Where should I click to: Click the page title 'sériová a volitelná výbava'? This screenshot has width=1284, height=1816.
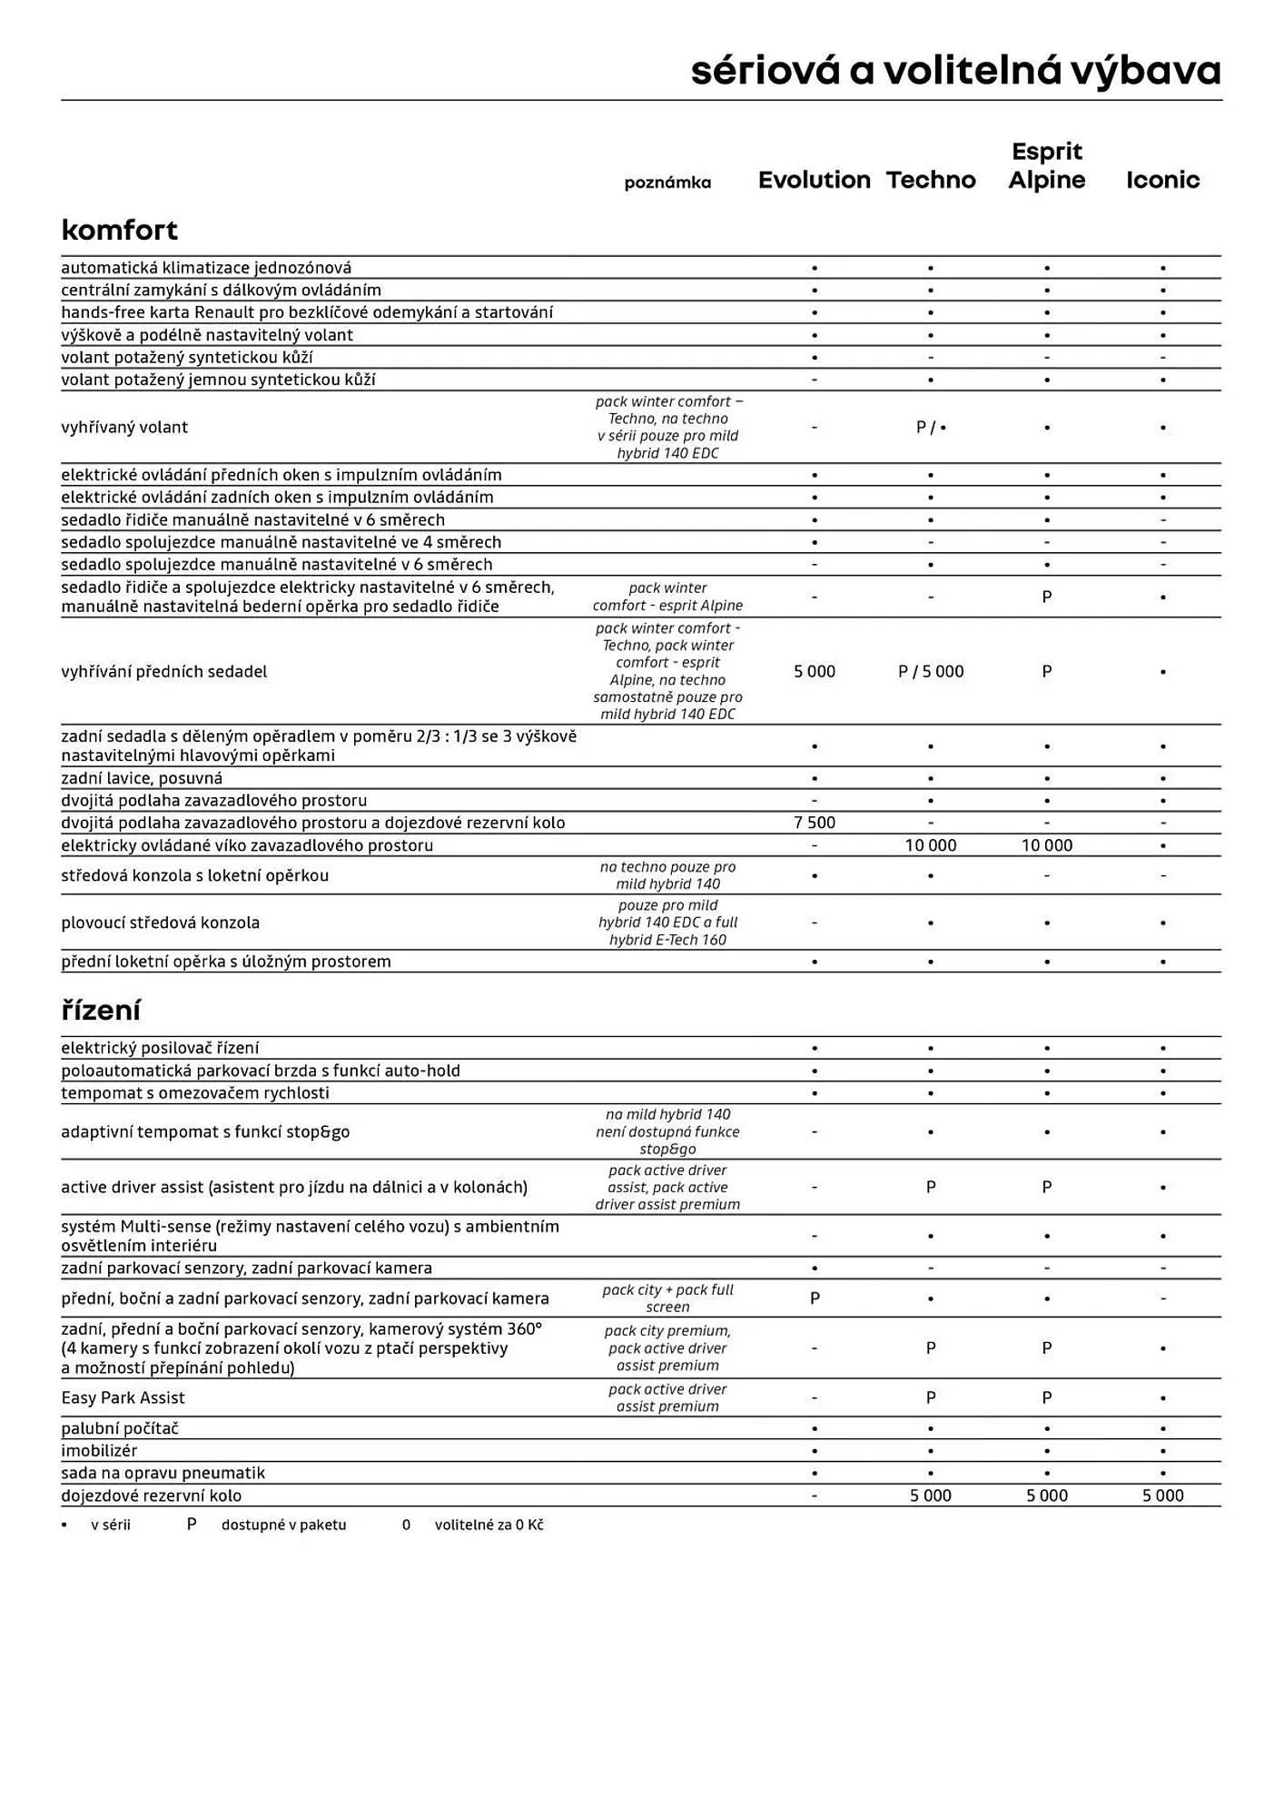click(x=955, y=72)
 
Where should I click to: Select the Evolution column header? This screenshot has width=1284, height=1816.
click(x=814, y=180)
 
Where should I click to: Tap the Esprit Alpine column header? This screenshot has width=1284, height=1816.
click(x=1046, y=166)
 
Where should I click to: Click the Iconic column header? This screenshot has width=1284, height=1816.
click(x=1162, y=180)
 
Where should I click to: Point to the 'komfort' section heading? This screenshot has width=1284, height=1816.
click(x=119, y=230)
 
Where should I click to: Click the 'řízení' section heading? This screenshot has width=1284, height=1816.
click(x=100, y=1010)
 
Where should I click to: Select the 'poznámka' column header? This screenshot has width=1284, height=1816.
click(x=667, y=183)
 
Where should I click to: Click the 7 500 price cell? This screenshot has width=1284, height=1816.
click(x=814, y=823)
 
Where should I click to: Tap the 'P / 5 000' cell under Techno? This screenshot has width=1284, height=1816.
click(x=930, y=671)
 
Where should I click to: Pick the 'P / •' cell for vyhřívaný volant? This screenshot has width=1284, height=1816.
click(x=930, y=428)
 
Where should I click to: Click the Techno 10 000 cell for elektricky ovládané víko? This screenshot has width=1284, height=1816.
click(x=930, y=845)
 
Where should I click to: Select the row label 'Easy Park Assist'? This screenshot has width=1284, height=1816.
click(x=123, y=1397)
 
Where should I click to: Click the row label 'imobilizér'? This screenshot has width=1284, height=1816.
click(x=98, y=1450)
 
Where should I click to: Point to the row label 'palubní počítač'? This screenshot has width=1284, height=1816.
click(x=119, y=1428)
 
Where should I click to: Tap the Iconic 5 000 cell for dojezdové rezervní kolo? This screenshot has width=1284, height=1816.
click(x=1162, y=1495)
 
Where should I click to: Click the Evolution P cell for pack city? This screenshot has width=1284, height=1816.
click(x=814, y=1298)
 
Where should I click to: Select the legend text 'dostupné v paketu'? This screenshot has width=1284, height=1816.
click(x=283, y=1525)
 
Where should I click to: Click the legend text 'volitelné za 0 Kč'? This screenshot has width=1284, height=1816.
click(x=489, y=1525)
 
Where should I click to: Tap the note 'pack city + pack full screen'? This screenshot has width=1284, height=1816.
click(x=667, y=1298)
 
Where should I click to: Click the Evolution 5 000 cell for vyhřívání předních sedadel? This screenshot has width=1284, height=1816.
click(x=814, y=671)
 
